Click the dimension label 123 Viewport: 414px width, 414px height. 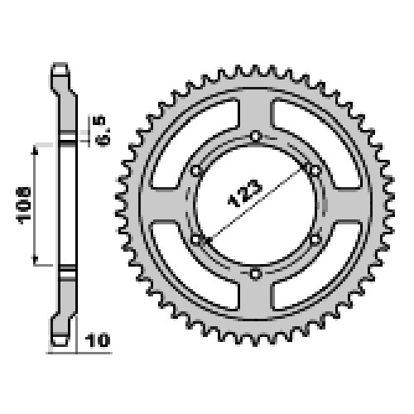(245, 193)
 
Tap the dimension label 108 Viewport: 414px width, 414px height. (24, 205)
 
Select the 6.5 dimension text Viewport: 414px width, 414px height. (103, 131)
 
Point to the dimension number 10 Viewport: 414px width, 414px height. (98, 340)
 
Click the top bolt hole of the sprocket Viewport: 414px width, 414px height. (256, 136)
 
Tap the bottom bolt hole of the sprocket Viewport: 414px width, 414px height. (256, 274)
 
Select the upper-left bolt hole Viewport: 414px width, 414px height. (195, 171)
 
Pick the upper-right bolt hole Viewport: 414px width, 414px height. (315, 171)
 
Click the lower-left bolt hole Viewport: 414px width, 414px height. (195, 239)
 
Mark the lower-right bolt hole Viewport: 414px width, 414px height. (315, 239)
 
